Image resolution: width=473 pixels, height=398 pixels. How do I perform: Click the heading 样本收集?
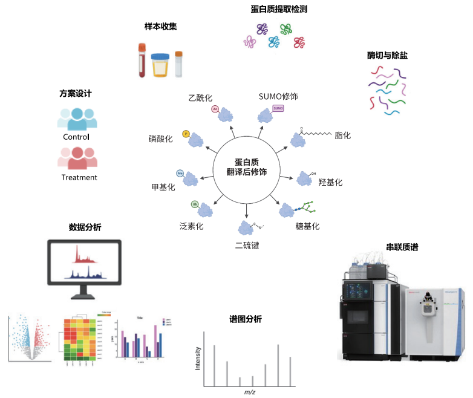click(x=161, y=27)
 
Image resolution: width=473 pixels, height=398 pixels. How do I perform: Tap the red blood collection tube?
click(x=142, y=59)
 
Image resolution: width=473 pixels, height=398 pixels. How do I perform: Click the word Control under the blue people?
click(x=76, y=137)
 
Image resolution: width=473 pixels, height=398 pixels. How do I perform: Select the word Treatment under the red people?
click(x=79, y=177)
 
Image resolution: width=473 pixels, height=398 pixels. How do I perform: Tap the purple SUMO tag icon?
click(x=278, y=108)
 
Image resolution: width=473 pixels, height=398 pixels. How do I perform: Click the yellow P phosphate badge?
click(x=186, y=133)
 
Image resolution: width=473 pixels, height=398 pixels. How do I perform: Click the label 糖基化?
click(x=307, y=226)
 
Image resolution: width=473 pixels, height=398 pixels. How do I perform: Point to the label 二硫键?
click(x=247, y=246)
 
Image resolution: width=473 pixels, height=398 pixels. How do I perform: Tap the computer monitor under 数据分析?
click(x=85, y=266)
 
